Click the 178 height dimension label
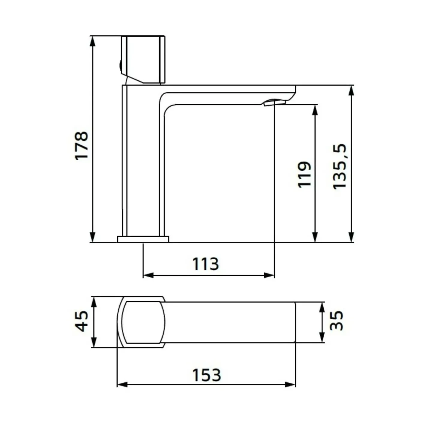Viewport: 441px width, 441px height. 82,145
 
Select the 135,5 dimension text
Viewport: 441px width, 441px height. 340,166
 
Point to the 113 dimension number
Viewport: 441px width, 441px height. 205,264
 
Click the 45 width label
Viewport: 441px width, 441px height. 82,321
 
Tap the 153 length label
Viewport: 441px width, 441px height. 207,375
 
